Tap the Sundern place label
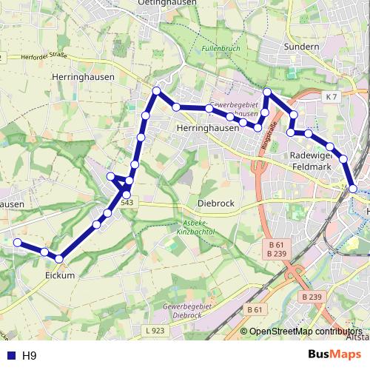click(300, 47)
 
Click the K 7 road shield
click(331, 97)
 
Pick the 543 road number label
click(127, 203)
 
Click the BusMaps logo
click(334, 355)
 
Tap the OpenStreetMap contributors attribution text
click(306, 332)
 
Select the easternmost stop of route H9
click(353, 189)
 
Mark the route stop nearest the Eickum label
click(59, 258)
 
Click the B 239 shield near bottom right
click(313, 297)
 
